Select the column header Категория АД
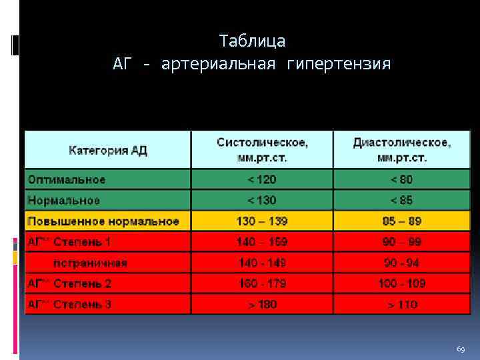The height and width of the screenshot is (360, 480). (108, 150)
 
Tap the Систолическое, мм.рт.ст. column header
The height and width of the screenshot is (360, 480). (262, 150)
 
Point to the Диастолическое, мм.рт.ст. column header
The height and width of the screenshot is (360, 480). (401, 150)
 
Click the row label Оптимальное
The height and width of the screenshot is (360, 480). (66, 179)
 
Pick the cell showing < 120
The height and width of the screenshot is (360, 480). (262, 179)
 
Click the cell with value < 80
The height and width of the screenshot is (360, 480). (401, 179)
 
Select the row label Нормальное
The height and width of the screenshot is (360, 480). (63, 200)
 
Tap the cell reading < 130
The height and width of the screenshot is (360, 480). (262, 200)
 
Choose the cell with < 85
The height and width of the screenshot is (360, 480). (401, 200)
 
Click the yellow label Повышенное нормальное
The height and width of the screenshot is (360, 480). (103, 221)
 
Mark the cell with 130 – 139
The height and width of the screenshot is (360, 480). (262, 221)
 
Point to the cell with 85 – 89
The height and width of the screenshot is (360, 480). (401, 221)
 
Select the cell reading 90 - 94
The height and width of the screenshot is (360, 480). (401, 263)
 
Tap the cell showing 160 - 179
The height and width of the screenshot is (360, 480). (262, 283)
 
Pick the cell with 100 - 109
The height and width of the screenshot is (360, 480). (401, 283)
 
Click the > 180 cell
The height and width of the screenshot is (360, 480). (262, 305)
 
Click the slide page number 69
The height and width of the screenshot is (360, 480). (461, 349)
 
